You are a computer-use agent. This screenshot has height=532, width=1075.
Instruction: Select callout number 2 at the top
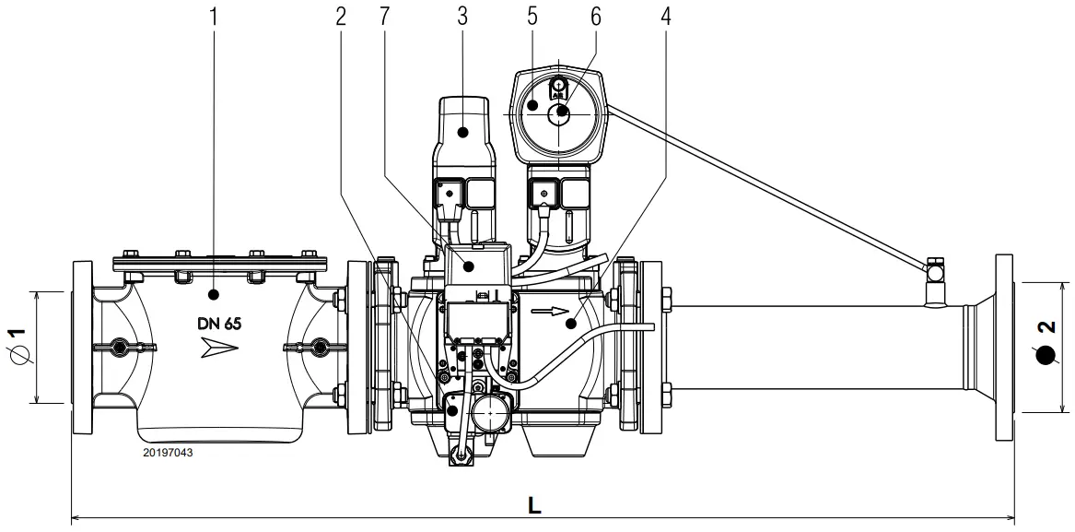point(341,16)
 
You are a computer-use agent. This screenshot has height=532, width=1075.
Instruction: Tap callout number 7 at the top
point(380,16)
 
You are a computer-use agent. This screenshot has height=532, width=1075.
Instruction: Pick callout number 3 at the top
point(463,16)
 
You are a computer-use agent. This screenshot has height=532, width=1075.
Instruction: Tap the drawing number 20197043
point(168,453)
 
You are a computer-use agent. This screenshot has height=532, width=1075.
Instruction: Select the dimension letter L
point(534,505)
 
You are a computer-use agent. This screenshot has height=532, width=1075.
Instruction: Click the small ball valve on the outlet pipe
point(936,272)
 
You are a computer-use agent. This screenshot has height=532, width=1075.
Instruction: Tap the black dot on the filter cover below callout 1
point(213,295)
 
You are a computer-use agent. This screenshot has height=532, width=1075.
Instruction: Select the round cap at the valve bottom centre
point(494,418)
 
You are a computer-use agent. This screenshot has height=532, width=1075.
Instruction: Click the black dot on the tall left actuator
point(463,132)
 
